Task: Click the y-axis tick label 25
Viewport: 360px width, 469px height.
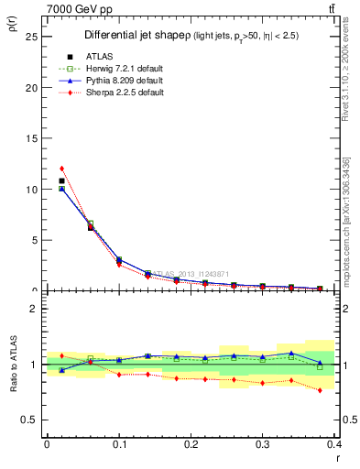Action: point(33,37)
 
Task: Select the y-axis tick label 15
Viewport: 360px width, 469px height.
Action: point(33,138)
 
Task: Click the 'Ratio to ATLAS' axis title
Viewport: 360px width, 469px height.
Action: point(14,365)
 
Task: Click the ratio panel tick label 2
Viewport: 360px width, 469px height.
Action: point(35,309)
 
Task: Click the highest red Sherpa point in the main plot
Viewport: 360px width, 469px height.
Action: point(61,169)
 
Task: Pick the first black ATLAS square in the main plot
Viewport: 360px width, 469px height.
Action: point(61,180)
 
